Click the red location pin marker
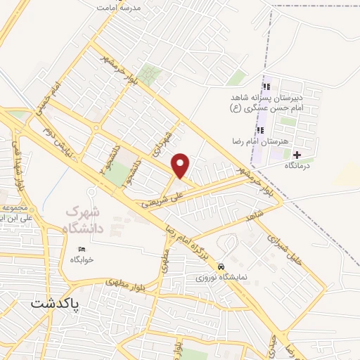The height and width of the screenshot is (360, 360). [181, 165]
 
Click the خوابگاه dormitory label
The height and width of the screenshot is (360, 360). [82, 259]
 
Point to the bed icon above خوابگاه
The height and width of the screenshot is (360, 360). [82, 249]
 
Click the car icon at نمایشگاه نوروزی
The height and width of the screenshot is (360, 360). [221, 267]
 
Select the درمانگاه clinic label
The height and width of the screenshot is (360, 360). [297, 165]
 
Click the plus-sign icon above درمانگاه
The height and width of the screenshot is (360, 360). [297, 155]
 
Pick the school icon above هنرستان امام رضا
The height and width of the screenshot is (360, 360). [260, 130]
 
